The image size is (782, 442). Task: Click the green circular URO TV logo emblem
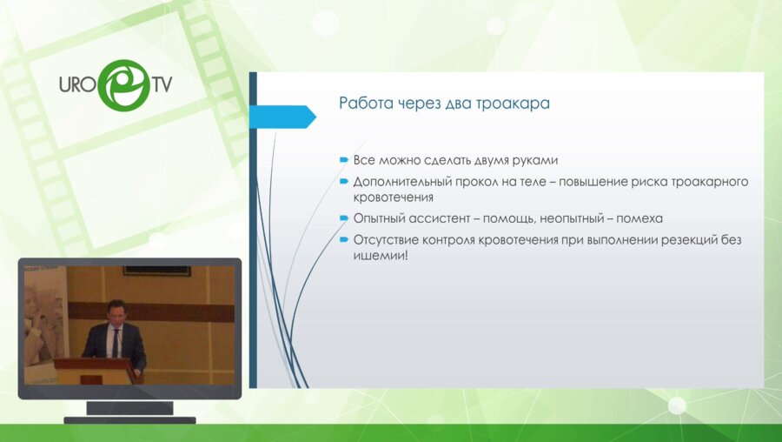click(123, 85)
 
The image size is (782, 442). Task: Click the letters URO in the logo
click(78, 84)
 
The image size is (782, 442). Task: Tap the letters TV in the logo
click(162, 84)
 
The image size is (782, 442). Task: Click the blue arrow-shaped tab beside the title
click(282, 117)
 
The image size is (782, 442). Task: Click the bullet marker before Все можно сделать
click(343, 160)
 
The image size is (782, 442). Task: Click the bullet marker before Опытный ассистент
click(343, 218)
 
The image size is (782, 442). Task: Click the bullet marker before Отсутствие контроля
click(343, 240)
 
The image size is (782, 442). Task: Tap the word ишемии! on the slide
click(381, 256)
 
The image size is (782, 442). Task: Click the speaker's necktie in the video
click(116, 343)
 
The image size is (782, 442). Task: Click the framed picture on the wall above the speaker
click(157, 271)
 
